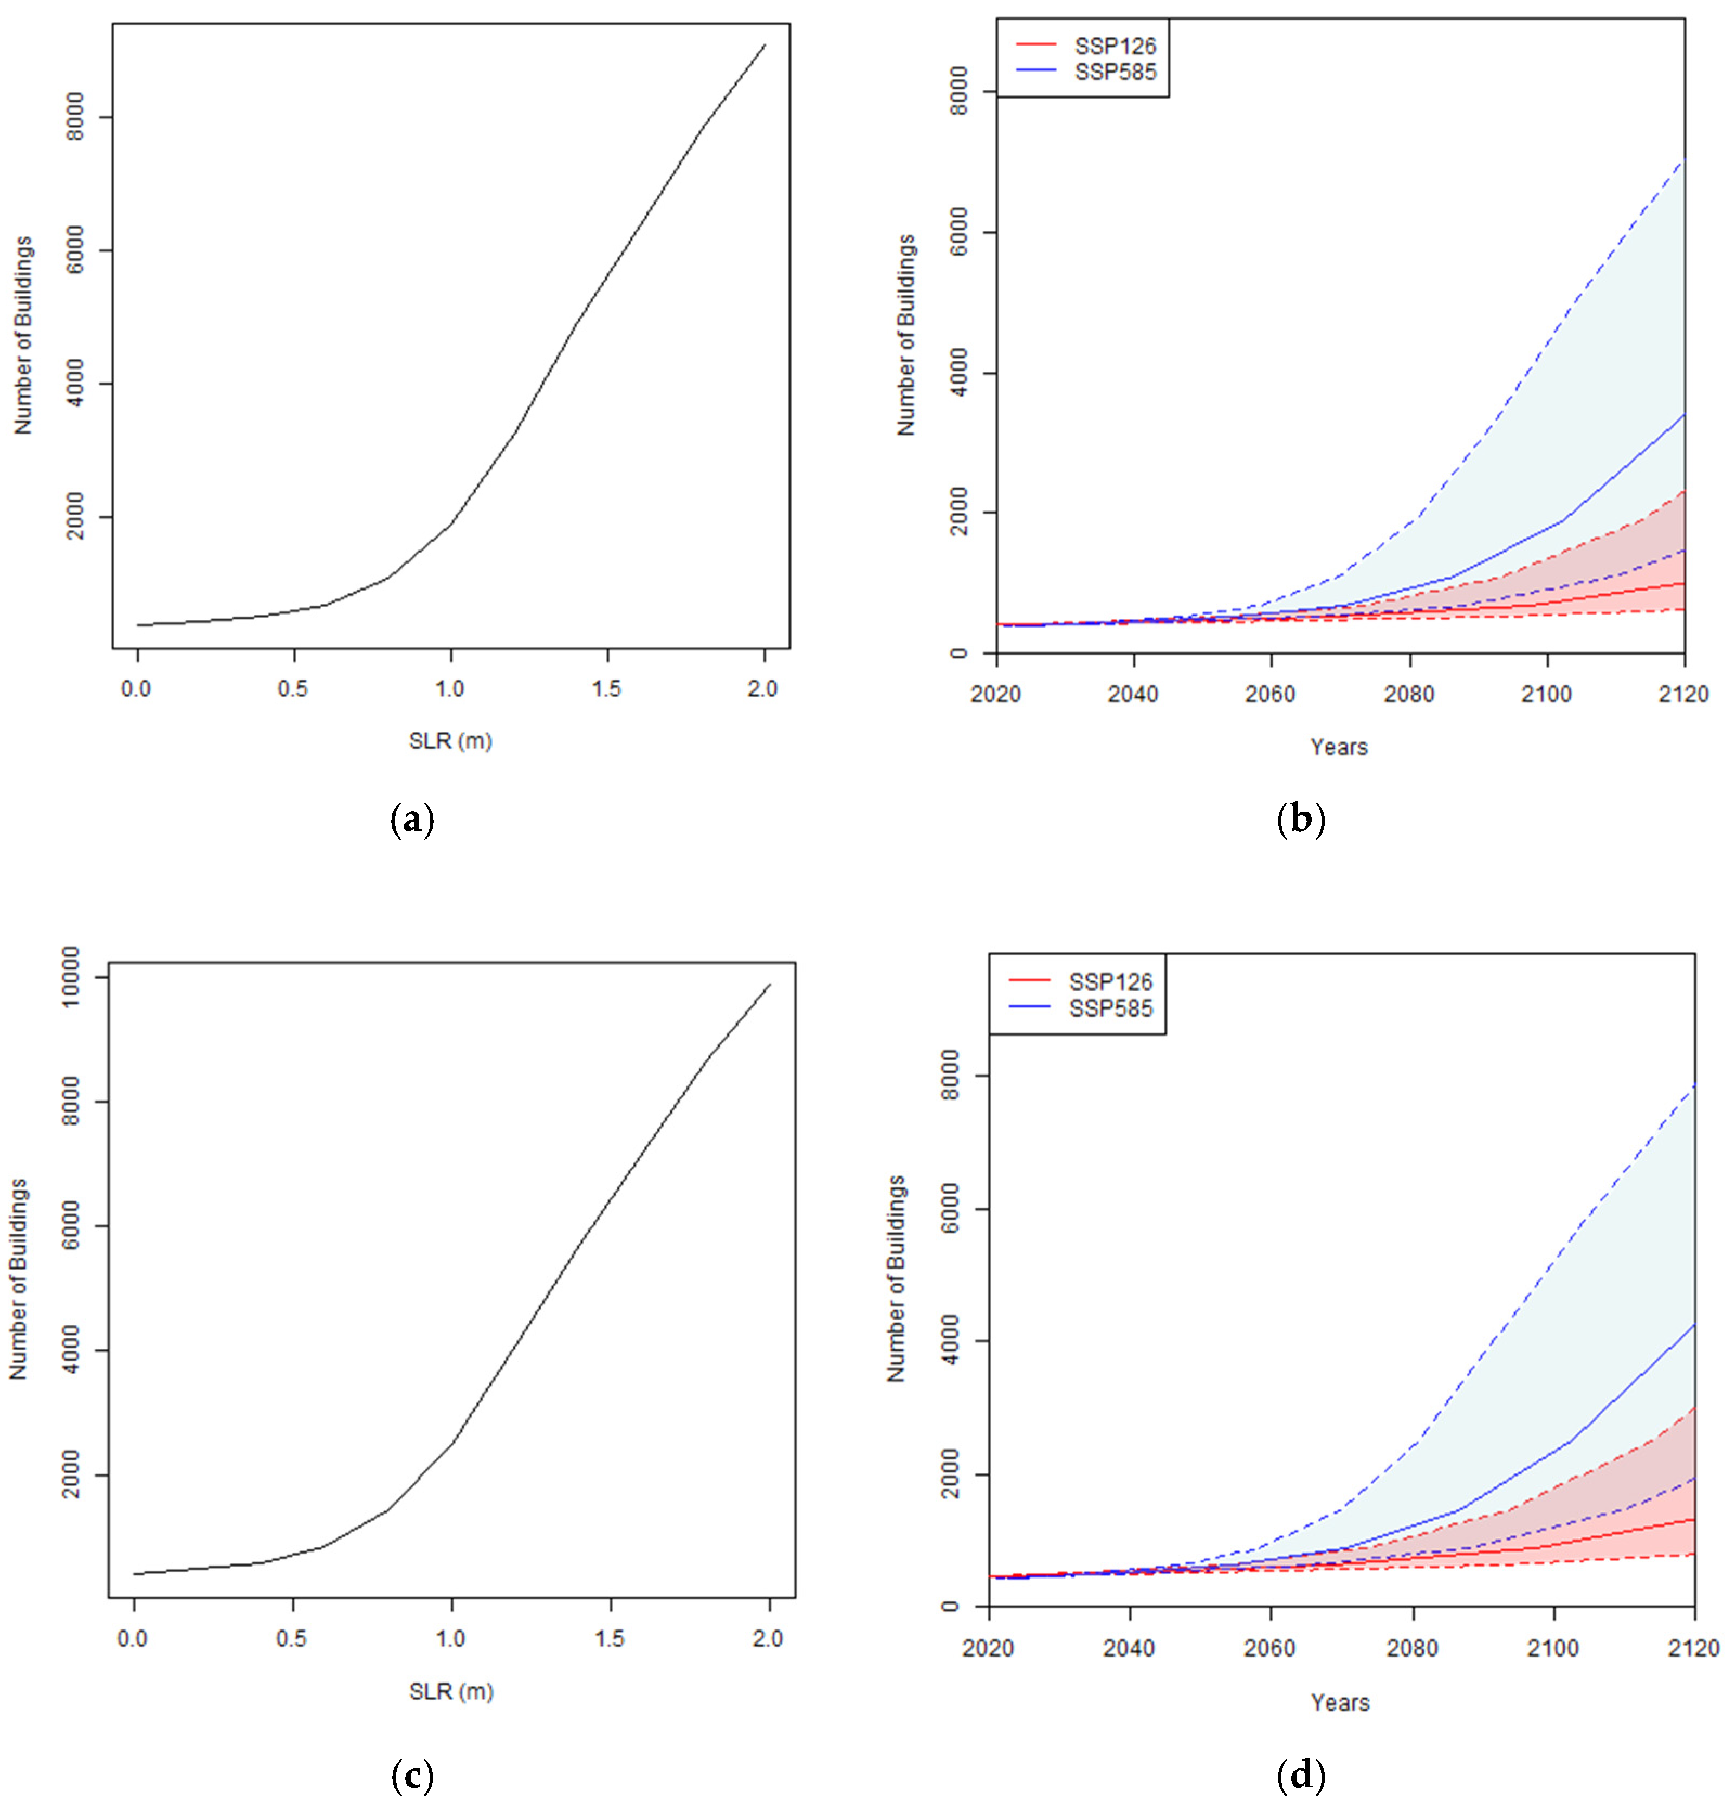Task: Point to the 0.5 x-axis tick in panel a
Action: pyautogui.click(x=293, y=688)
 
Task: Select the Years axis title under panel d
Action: pyautogui.click(x=1339, y=1702)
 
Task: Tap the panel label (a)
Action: pyautogui.click(x=412, y=819)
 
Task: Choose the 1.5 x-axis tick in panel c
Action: pyautogui.click(x=609, y=1638)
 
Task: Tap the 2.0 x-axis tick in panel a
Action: pyautogui.click(x=763, y=688)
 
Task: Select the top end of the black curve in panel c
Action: pyautogui.click(x=769, y=985)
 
